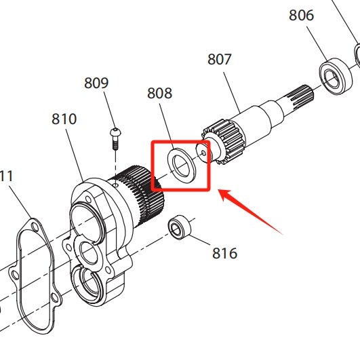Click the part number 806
302,14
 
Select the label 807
220,59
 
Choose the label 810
64,119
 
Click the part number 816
224,253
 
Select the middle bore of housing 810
89,254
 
